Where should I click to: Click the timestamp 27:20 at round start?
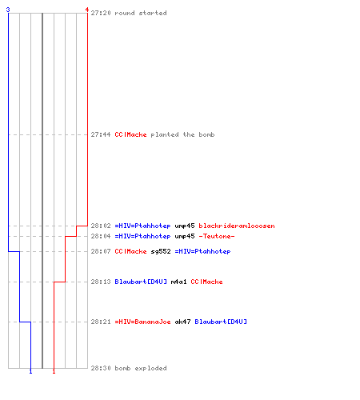[101, 13]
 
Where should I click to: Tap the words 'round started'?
[141, 13]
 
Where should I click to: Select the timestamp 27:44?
[101, 134]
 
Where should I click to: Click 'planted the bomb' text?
[182, 134]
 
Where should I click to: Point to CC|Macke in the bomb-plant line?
[130, 134]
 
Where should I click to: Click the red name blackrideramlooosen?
[237, 226]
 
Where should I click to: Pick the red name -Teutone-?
[217, 236]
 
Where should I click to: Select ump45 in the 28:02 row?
[185, 226]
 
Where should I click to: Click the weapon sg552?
[161, 251]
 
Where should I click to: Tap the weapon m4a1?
[178, 282]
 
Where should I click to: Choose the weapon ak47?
[182, 322]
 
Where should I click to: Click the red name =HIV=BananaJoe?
[142, 322]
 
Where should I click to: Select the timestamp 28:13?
[101, 282]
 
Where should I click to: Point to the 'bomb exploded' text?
[141, 368]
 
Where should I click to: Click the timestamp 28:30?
[101, 368]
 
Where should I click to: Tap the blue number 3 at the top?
[8, 10]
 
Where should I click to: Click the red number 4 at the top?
[87, 10]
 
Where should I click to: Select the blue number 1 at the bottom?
[30, 371]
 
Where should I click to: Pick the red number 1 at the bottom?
[54, 371]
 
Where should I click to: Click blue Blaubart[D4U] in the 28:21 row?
[221, 322]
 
